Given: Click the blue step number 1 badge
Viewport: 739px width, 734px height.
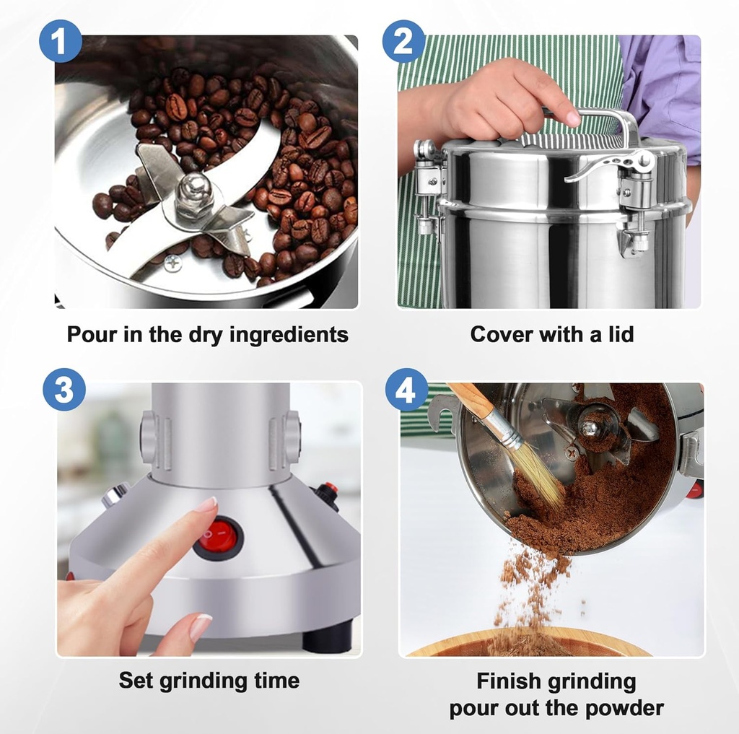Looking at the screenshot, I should (60, 40).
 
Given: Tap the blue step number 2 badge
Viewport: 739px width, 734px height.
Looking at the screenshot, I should (403, 40).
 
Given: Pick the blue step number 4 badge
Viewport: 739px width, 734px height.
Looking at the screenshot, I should (406, 390).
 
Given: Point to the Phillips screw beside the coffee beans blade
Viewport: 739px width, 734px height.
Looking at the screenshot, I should (172, 263).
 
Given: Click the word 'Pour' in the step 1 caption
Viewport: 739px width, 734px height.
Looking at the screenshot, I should (92, 335).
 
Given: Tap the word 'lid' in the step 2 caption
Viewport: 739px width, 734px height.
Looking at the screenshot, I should (618, 334).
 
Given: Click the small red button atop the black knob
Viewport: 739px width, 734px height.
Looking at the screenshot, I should (330, 488).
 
